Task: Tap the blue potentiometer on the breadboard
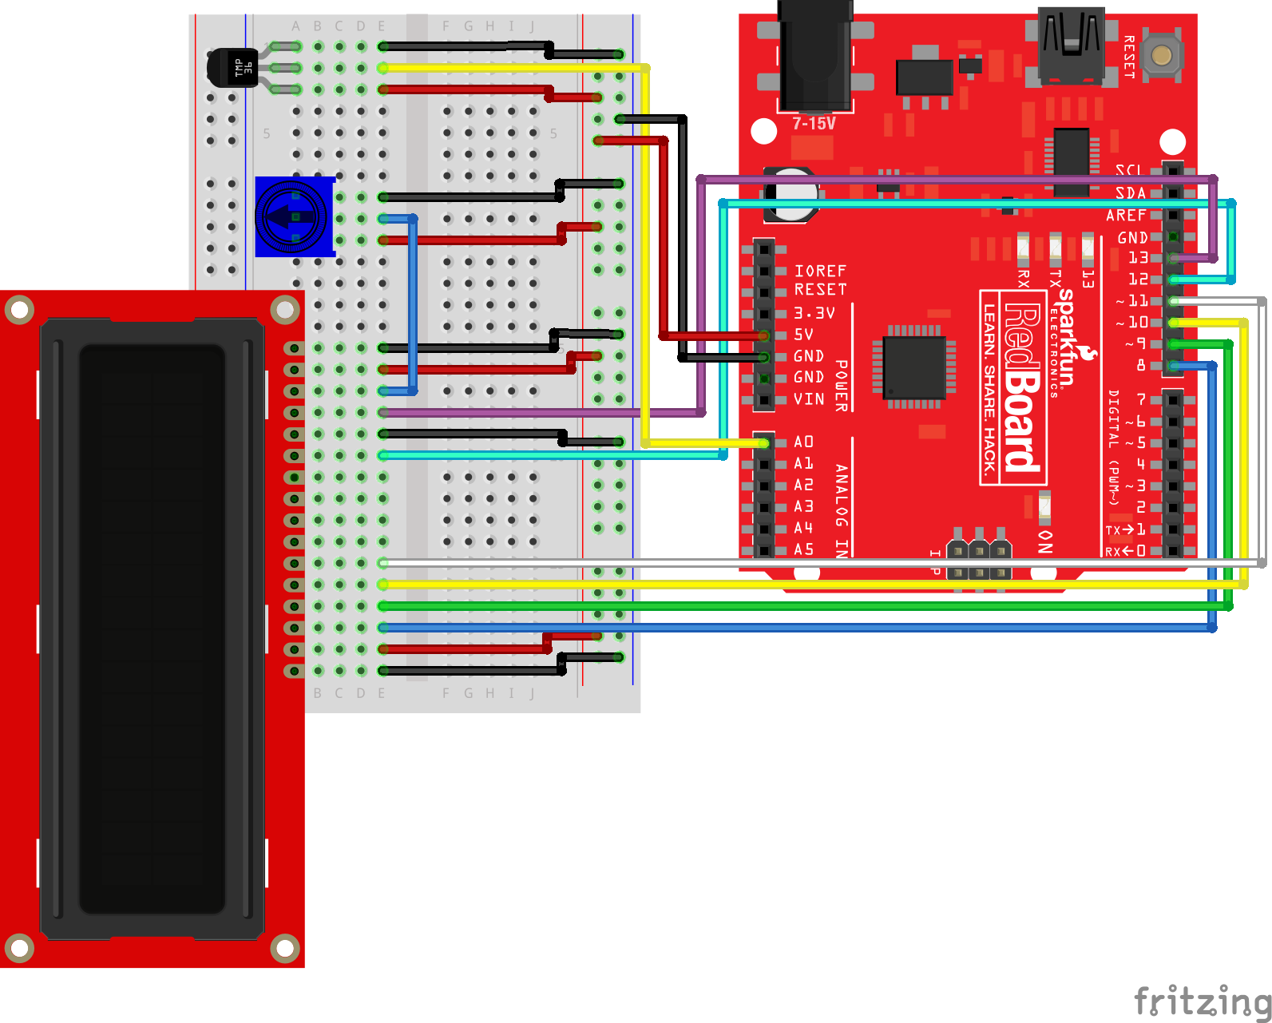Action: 293,216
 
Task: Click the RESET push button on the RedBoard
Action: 1162,55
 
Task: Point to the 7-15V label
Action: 814,124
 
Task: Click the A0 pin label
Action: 803,442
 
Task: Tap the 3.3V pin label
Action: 814,313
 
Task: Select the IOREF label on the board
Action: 820,271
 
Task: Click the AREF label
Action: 1126,216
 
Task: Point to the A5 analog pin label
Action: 803,549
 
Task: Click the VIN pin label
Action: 808,398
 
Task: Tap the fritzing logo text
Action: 1202,1000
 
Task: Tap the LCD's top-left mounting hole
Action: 19,309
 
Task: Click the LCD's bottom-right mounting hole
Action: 284,948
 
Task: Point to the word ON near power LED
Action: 1045,541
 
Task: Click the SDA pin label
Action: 1131,193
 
